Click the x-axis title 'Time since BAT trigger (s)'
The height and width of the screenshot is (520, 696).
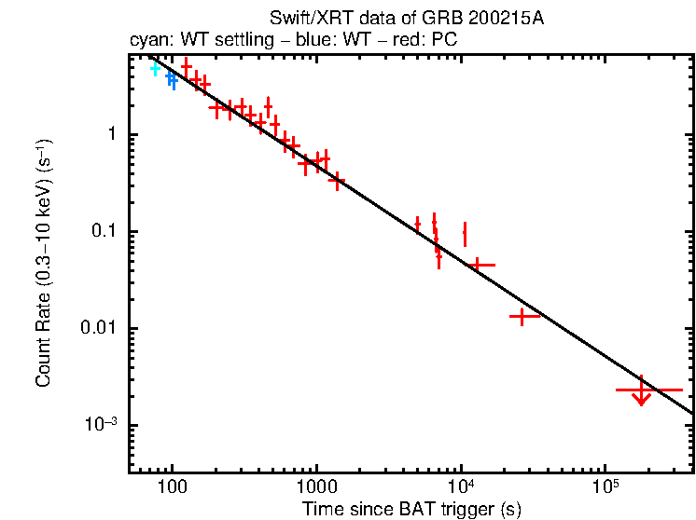coord(411,509)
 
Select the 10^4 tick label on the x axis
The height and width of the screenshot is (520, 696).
coord(461,488)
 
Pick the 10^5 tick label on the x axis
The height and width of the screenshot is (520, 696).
coord(606,488)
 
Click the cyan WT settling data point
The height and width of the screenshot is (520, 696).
coord(156,69)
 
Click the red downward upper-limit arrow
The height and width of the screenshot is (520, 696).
coord(641,396)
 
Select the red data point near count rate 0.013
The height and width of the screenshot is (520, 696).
coord(524,317)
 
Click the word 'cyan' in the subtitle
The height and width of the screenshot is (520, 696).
coord(146,41)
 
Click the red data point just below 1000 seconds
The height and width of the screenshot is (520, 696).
coord(306,163)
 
